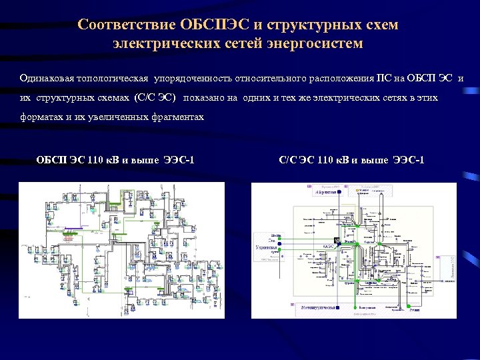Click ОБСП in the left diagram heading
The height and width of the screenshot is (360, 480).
coord(51,159)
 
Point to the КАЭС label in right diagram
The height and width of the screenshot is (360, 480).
coord(329,247)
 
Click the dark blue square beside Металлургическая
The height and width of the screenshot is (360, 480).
coord(339,308)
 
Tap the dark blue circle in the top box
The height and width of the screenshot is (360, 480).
coord(339,192)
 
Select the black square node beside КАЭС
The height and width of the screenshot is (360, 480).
coord(337,240)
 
